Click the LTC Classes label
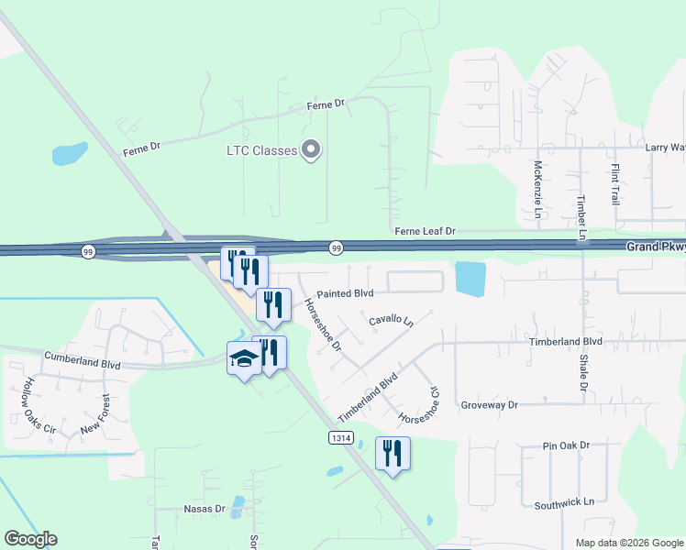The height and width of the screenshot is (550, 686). [x=261, y=150]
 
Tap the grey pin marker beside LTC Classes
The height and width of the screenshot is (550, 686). [x=311, y=149]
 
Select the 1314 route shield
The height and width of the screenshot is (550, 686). [x=340, y=439]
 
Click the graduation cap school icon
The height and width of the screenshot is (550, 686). [x=244, y=359]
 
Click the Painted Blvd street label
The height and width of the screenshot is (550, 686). [x=345, y=293]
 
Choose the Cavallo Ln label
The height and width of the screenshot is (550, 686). [x=392, y=322]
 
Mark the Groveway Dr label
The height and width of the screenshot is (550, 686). [x=489, y=404]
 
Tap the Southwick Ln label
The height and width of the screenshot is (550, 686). [x=564, y=502]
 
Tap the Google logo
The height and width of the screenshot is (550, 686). [x=30, y=539]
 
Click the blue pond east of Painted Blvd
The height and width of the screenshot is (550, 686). [x=470, y=279]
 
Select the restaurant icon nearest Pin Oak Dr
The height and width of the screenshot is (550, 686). [x=393, y=453]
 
